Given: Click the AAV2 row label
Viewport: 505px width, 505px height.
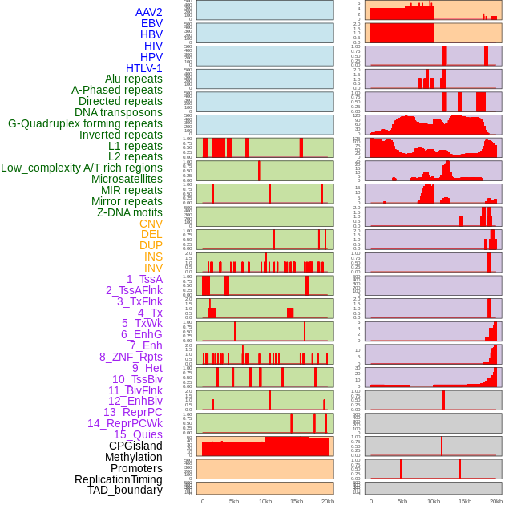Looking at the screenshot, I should click(148, 12).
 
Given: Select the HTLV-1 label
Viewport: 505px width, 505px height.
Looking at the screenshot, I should click(143, 68).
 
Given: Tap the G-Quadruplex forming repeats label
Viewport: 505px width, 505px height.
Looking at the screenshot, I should click(85, 123).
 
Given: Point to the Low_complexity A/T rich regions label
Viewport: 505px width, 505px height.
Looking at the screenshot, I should click(82, 168).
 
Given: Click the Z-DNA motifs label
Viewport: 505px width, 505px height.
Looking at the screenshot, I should click(129, 212).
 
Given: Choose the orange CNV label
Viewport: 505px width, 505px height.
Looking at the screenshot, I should click(151, 224).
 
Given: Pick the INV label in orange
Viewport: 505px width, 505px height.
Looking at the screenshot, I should click(153, 268).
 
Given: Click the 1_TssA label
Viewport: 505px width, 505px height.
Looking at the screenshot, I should click(144, 279).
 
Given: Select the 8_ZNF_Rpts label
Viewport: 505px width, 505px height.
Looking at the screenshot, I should click(131, 357).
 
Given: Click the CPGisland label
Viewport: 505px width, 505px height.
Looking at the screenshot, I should click(135, 446).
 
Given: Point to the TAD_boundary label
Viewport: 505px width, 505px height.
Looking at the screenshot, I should click(125, 490).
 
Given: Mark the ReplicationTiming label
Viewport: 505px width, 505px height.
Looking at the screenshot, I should click(118, 479).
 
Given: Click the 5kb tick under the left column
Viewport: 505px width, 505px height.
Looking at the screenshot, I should click(234, 501).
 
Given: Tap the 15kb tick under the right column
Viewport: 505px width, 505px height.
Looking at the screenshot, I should click(465, 501).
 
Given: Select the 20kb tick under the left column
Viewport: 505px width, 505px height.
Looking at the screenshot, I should click(327, 501).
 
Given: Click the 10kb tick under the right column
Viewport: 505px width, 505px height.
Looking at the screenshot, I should click(434, 501).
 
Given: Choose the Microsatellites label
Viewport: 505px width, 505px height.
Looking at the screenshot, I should click(127, 179).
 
